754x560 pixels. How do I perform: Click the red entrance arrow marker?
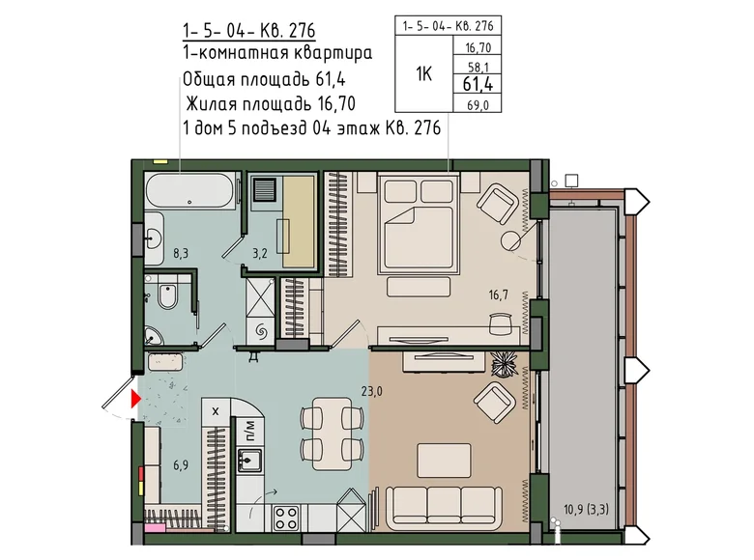click(x=135, y=399)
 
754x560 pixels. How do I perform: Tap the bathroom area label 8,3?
click(x=181, y=253)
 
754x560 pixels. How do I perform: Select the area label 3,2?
click(x=260, y=253)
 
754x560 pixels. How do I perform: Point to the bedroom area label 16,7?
click(x=499, y=294)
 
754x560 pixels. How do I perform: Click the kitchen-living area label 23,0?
click(x=372, y=391)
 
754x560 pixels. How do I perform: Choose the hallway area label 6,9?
click(x=181, y=465)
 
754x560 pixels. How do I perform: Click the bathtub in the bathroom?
click(x=190, y=190)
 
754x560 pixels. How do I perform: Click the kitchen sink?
click(x=249, y=461)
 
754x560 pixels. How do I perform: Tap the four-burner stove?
click(x=285, y=518)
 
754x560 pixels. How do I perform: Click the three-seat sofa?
click(x=445, y=505)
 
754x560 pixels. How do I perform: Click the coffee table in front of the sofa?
click(x=444, y=461)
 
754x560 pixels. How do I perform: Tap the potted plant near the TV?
click(x=504, y=365)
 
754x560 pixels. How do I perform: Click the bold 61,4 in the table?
click(x=478, y=84)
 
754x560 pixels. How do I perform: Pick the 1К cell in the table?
click(x=423, y=74)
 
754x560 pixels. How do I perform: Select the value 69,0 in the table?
click(x=478, y=104)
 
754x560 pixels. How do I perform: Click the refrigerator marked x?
click(x=216, y=411)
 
